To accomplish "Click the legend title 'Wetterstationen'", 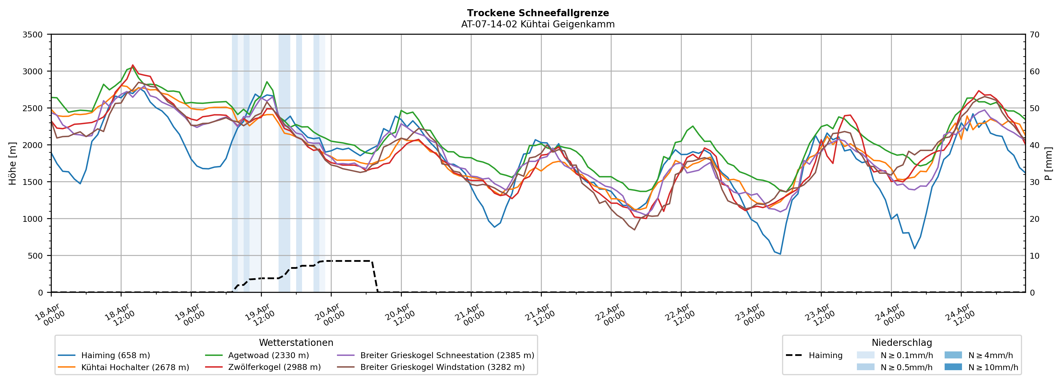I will click(296, 342).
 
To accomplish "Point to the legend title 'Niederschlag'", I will click(902, 342).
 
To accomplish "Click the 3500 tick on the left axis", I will click(33, 35).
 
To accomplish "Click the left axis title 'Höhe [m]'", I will click(13, 163).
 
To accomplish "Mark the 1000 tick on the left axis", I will click(33, 219).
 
